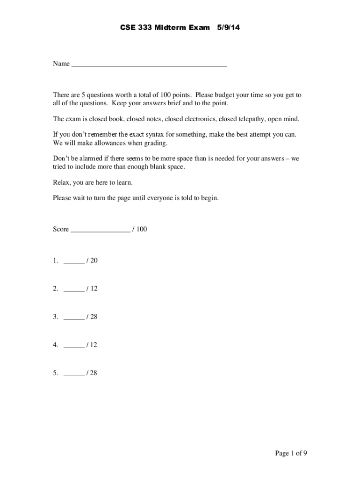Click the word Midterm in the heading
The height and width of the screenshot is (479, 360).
pos(165,28)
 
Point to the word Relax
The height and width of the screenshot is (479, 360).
pos(62,182)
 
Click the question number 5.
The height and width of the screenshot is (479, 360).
pos(55,373)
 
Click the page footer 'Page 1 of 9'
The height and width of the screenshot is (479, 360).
pos(291,453)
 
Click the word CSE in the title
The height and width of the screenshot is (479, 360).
pos(128,28)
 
